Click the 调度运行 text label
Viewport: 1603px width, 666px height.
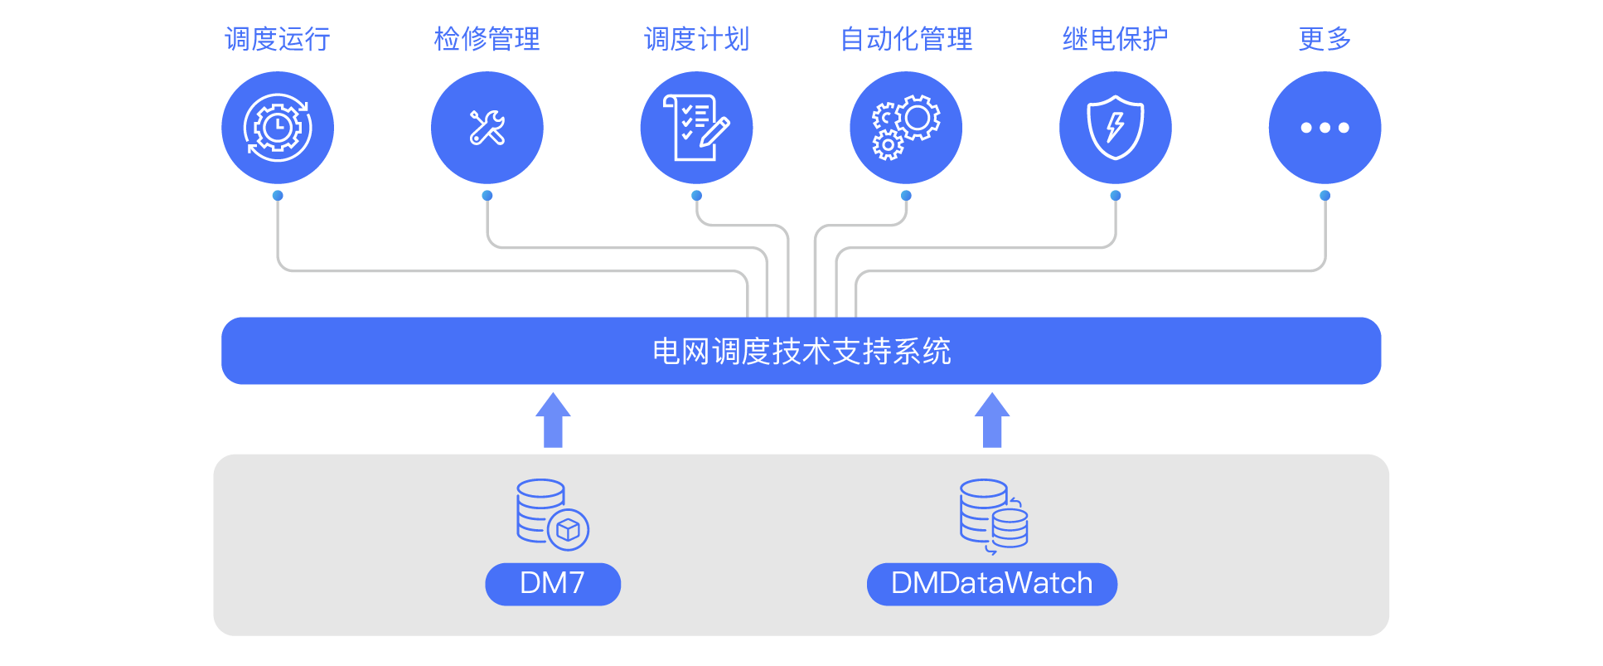click(278, 39)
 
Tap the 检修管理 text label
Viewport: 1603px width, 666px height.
click(487, 39)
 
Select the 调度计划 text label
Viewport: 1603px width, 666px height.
click(697, 39)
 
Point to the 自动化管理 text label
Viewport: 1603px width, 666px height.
click(907, 39)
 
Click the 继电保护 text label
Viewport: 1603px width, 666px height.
click(1116, 39)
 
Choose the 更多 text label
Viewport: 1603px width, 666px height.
click(1325, 39)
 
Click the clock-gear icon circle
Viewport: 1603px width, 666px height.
click(278, 128)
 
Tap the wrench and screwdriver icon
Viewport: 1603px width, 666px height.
click(487, 128)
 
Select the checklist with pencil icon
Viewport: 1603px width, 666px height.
click(696, 127)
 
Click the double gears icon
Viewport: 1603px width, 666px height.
click(906, 127)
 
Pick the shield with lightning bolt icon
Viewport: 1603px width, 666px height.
click(1116, 127)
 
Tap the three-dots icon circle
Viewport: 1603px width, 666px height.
click(1325, 128)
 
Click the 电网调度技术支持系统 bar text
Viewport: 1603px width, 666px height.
click(801, 352)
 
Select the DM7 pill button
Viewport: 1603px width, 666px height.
click(553, 584)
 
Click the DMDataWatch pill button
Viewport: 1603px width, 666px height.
click(992, 584)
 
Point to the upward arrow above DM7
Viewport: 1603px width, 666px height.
click(553, 421)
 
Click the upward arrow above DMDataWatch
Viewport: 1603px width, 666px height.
click(992, 421)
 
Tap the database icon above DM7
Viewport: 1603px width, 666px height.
click(552, 515)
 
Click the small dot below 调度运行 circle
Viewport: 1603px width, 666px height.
click(278, 196)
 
